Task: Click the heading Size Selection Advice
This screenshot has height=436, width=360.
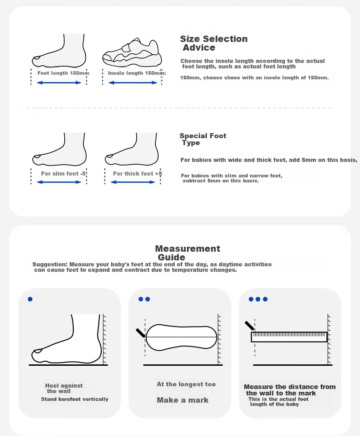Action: tap(214, 43)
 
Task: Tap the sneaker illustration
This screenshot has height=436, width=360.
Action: tap(132, 52)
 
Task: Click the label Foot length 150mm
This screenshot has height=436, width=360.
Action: tap(63, 73)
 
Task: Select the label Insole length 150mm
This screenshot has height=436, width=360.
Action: tap(137, 73)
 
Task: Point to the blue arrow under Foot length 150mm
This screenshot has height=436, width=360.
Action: tap(59, 83)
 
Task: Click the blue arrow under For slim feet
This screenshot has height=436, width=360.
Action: tap(59, 182)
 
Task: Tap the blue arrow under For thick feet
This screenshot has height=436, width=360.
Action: tap(133, 182)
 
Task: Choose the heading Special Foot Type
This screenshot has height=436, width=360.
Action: tap(203, 139)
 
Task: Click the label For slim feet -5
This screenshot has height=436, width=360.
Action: tap(63, 173)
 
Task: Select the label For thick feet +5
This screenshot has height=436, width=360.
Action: tap(137, 173)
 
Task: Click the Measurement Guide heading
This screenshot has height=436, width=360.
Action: tap(187, 253)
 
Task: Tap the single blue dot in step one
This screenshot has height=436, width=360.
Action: tap(30, 299)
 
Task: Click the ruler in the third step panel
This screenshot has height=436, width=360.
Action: tap(289, 337)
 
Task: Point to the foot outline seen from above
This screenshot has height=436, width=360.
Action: tap(181, 337)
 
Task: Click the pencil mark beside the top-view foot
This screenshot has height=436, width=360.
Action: tap(140, 333)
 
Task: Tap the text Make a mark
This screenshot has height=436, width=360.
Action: tap(182, 400)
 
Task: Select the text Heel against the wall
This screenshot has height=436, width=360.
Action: tap(64, 389)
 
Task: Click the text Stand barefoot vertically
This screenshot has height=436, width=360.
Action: tap(75, 399)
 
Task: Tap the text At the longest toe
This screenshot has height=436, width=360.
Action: tap(186, 384)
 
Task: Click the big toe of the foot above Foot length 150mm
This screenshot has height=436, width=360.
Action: tap(36, 59)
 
